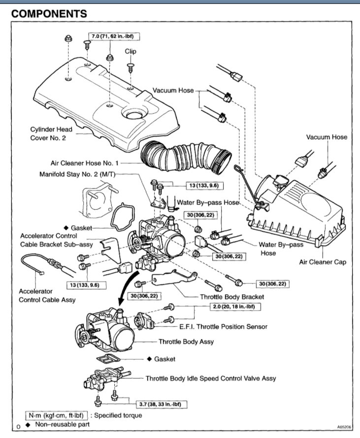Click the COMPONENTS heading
click(x=49, y=14)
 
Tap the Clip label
click(x=131, y=51)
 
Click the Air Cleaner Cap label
click(x=323, y=262)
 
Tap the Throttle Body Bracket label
click(x=232, y=297)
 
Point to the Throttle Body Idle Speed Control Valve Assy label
click(x=211, y=378)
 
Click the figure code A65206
click(x=345, y=427)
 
